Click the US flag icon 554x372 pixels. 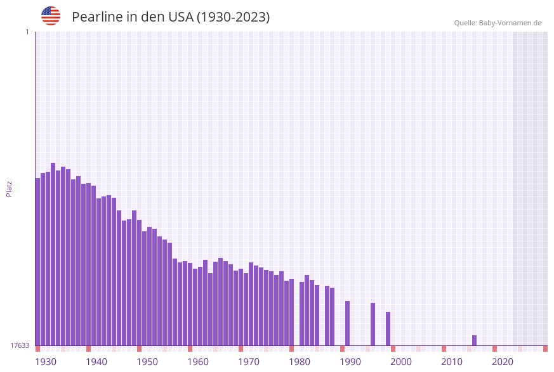pyautogui.click(x=51, y=16)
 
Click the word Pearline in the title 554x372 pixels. pyautogui.click(x=97, y=17)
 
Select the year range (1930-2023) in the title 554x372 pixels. pyautogui.click(x=233, y=17)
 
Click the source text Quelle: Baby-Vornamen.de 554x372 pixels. pyautogui.click(x=498, y=23)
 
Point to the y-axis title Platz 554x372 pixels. pyautogui.click(x=10, y=188)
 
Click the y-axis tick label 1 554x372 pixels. pyautogui.click(x=27, y=32)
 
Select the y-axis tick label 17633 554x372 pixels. pyautogui.click(x=20, y=345)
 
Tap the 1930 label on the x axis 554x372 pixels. pyautogui.click(x=46, y=362)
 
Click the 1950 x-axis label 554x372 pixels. pyautogui.click(x=147, y=362)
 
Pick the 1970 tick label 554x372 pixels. pyautogui.click(x=249, y=362)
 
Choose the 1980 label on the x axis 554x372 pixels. pyautogui.click(x=300, y=362)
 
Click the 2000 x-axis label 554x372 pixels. pyautogui.click(x=401, y=362)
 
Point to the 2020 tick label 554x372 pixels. pyautogui.click(x=503, y=362)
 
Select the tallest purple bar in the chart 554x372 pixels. pyautogui.click(x=53, y=253)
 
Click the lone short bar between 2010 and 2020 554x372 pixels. pyautogui.click(x=474, y=340)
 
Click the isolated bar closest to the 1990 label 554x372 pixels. pyautogui.click(x=348, y=323)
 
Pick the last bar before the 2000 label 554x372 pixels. pyautogui.click(x=388, y=328)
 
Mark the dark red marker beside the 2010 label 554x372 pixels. pyautogui.click(x=444, y=349)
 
